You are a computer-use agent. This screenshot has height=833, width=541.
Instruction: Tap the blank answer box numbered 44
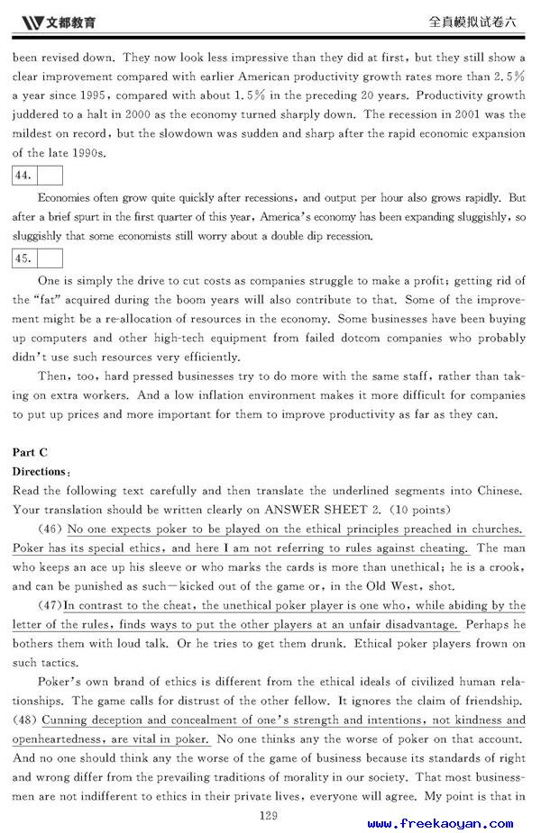[x=50, y=175]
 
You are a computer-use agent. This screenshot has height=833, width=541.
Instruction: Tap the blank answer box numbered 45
[x=50, y=258]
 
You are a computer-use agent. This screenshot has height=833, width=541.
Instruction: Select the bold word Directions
[x=39, y=471]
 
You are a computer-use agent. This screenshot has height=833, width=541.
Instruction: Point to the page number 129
[x=269, y=816]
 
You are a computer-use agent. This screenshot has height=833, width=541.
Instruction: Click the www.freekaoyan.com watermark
[x=440, y=823]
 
